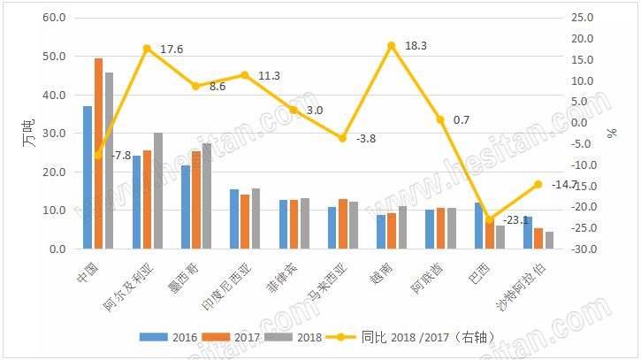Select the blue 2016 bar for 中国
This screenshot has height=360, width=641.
(x=88, y=177)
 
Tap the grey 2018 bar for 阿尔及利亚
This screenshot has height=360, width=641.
(x=158, y=191)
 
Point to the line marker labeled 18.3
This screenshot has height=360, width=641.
(x=391, y=45)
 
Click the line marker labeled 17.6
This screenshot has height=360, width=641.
(x=148, y=48)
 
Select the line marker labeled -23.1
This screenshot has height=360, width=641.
(x=489, y=219)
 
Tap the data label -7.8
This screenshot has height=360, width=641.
(x=121, y=156)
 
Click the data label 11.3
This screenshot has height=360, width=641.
(x=269, y=76)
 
